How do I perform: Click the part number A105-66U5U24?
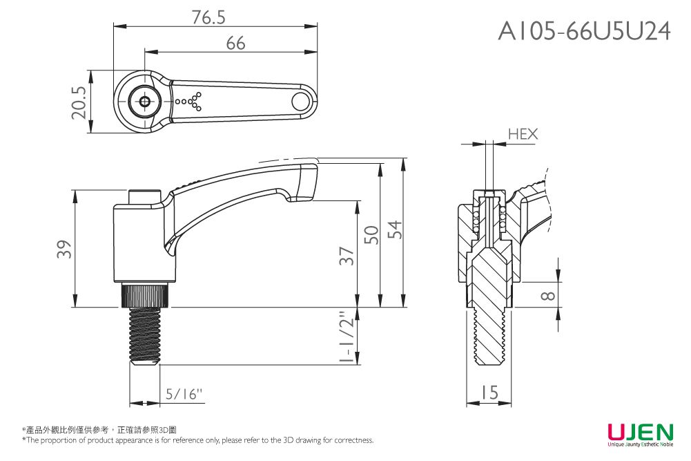pos(584,31)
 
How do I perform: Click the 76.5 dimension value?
pos(210,18)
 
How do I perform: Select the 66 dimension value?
pos(235,44)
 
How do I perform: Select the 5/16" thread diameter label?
pos(184,395)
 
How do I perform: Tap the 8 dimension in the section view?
pos(547,296)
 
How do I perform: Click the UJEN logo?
pos(640,433)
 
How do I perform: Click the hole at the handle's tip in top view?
pos(300,102)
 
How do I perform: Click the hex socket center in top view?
pos(144,102)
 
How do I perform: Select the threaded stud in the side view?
pos(146,335)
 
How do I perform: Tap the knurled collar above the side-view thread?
pos(146,296)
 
